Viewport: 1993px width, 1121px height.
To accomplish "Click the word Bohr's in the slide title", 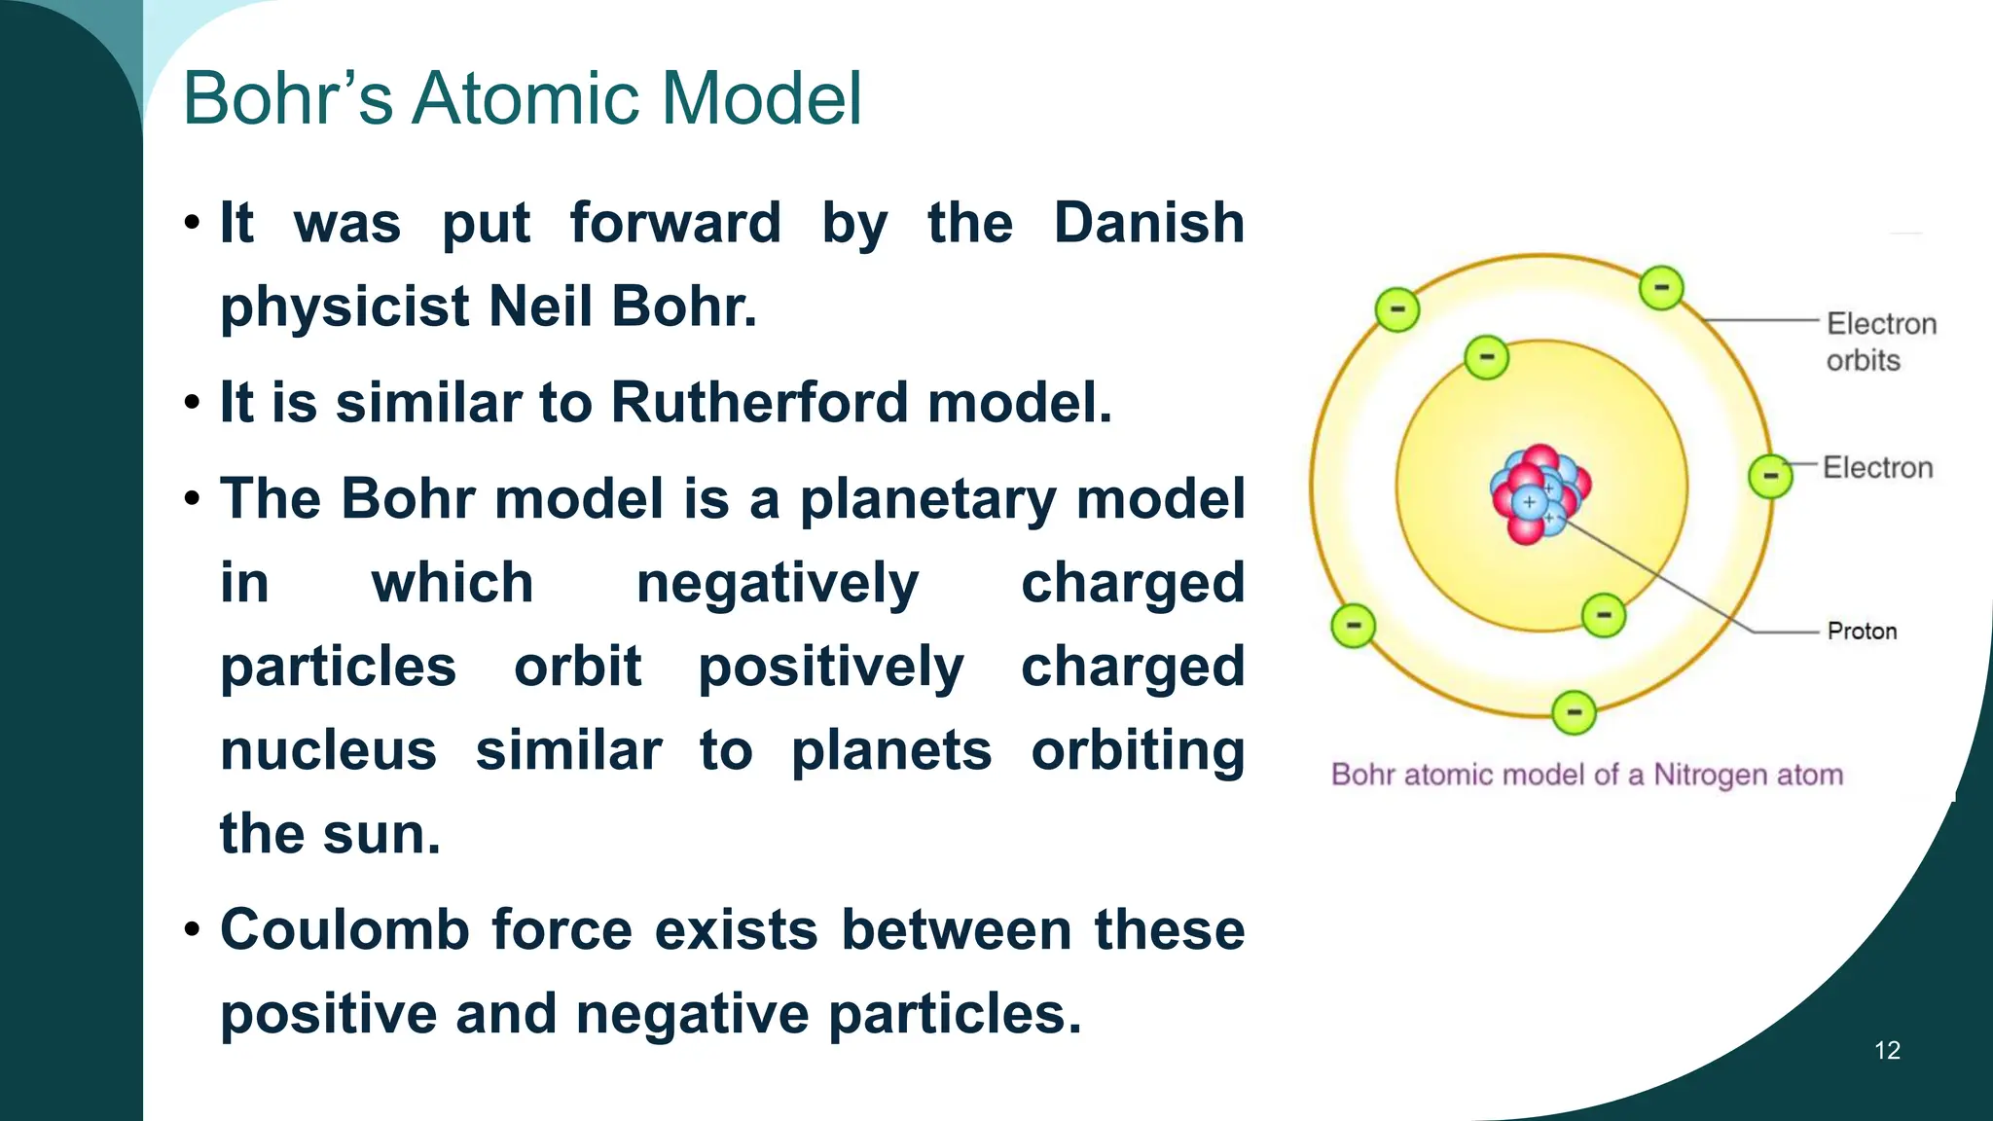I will click(x=288, y=98).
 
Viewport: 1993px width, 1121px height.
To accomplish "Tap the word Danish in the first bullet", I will click(x=1148, y=223).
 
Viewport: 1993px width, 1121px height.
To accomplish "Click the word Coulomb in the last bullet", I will click(x=344, y=930).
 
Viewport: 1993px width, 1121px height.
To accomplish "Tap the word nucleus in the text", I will click(x=328, y=751).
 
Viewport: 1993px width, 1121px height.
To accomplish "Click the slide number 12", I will click(x=1887, y=1050).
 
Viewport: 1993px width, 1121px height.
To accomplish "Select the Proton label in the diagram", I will click(x=1862, y=632).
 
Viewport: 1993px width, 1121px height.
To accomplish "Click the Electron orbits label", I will click(x=1879, y=342).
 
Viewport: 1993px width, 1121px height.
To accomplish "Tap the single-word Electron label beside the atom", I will click(x=1877, y=468).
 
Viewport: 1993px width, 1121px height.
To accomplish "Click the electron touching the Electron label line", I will click(x=1770, y=476).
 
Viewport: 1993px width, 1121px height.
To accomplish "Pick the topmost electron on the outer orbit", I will click(x=1661, y=287).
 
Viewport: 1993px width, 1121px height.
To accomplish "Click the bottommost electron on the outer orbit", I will click(x=1574, y=712).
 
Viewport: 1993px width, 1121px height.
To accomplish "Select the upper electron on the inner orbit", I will click(x=1486, y=357).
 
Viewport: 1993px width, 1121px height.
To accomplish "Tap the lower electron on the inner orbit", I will click(x=1603, y=615).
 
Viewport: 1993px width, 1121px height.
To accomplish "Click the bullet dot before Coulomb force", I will click(x=192, y=930).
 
